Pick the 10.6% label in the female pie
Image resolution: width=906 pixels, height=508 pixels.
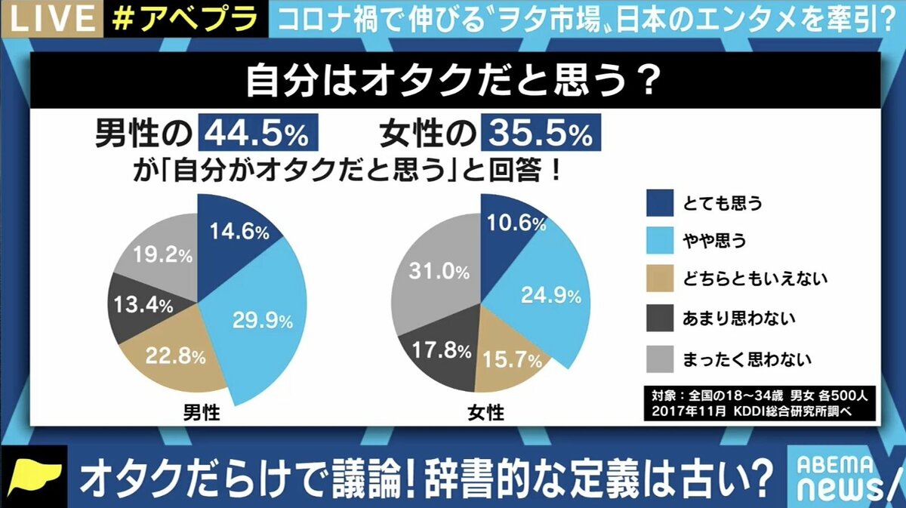516,223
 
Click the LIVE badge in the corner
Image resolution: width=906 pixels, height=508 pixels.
44,18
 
